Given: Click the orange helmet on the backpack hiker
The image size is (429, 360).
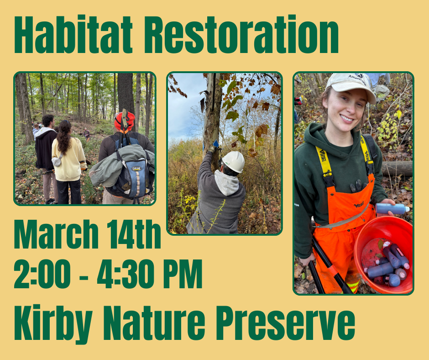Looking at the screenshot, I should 124,122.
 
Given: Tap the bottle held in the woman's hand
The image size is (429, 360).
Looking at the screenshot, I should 392,209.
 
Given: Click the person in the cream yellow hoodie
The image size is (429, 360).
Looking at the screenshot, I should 68,160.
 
